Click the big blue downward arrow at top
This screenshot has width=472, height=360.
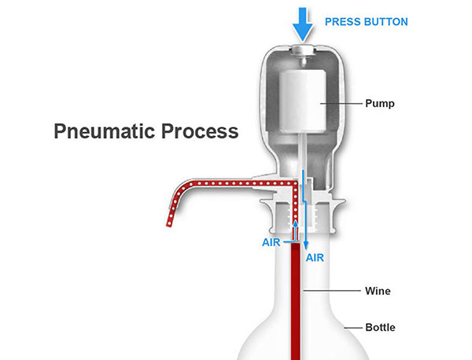pyautogui.click(x=303, y=24)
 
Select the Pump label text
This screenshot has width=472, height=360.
pyautogui.click(x=380, y=104)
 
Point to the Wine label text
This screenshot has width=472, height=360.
pyautogui.click(x=378, y=291)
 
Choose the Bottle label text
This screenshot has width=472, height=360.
pyautogui.click(x=380, y=327)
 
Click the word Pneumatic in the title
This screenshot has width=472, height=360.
pyautogui.click(x=105, y=131)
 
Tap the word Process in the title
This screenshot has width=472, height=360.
pyautogui.click(x=200, y=131)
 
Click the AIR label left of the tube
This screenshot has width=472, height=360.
pyautogui.click(x=271, y=242)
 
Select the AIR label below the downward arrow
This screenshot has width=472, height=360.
pyautogui.click(x=315, y=258)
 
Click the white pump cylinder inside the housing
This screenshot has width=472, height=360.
pyautogui.click(x=303, y=101)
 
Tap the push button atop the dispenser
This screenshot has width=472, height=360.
pyautogui.click(x=303, y=50)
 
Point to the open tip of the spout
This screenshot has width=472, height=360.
pyautogui.click(x=169, y=224)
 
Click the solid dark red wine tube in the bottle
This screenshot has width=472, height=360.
pyautogui.click(x=296, y=301)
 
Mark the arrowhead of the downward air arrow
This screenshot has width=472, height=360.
pyautogui.click(x=306, y=245)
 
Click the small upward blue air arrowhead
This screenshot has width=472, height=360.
pyautogui.click(x=296, y=223)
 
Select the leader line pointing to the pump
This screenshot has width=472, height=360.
pyautogui.click(x=341, y=104)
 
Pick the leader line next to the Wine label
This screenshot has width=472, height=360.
pyautogui.click(x=332, y=291)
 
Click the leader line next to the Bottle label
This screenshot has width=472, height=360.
pyautogui.click(x=353, y=328)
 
